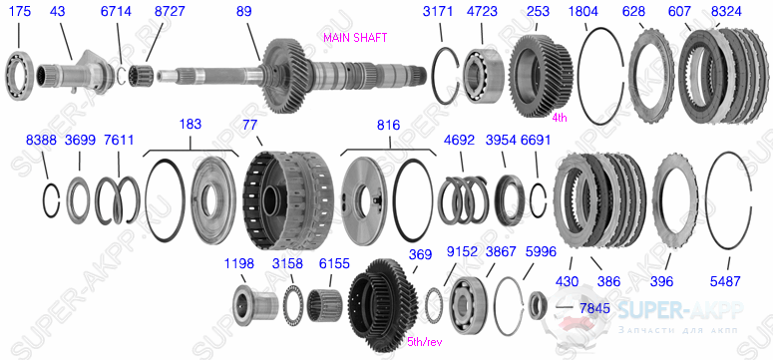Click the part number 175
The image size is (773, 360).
[19, 12]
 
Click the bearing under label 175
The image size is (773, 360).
[20, 71]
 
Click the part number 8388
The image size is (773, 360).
[42, 141]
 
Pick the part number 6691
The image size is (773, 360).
[536, 141]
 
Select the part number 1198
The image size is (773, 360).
[239, 263]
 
